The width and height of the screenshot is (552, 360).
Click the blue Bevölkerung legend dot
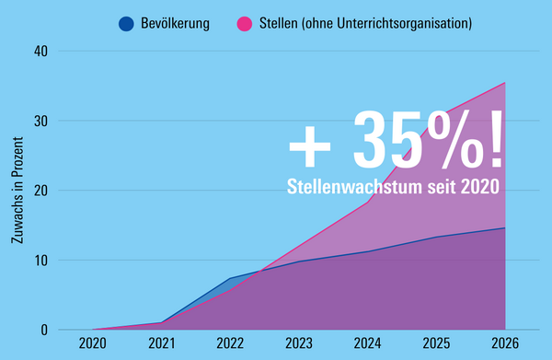pyautogui.click(x=126, y=24)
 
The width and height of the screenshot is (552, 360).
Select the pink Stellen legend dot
pyautogui.click(x=245, y=24)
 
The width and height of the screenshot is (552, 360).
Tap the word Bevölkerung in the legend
pyautogui.click(x=175, y=24)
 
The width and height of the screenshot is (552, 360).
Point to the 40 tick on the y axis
pyautogui.click(x=40, y=52)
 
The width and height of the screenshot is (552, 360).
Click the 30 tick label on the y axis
pyautogui.click(x=40, y=121)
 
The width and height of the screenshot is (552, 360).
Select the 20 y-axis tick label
pyautogui.click(x=40, y=191)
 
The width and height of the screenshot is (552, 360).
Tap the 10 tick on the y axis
pyautogui.click(x=40, y=261)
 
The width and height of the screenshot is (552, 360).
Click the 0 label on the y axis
pyautogui.click(x=44, y=330)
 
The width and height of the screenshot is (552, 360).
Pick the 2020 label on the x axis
pyautogui.click(x=93, y=343)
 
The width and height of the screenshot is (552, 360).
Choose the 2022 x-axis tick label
pyautogui.click(x=230, y=343)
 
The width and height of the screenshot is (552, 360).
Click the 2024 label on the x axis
pyautogui.click(x=367, y=343)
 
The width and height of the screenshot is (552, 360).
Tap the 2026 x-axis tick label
pyautogui.click(x=505, y=343)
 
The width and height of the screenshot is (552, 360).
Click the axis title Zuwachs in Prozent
pyautogui.click(x=17, y=191)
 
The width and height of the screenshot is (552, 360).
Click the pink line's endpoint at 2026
pyautogui.click(x=505, y=83)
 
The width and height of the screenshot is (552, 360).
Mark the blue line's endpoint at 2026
pyautogui.click(x=505, y=228)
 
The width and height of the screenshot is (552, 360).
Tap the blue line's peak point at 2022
pyautogui.click(x=230, y=278)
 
